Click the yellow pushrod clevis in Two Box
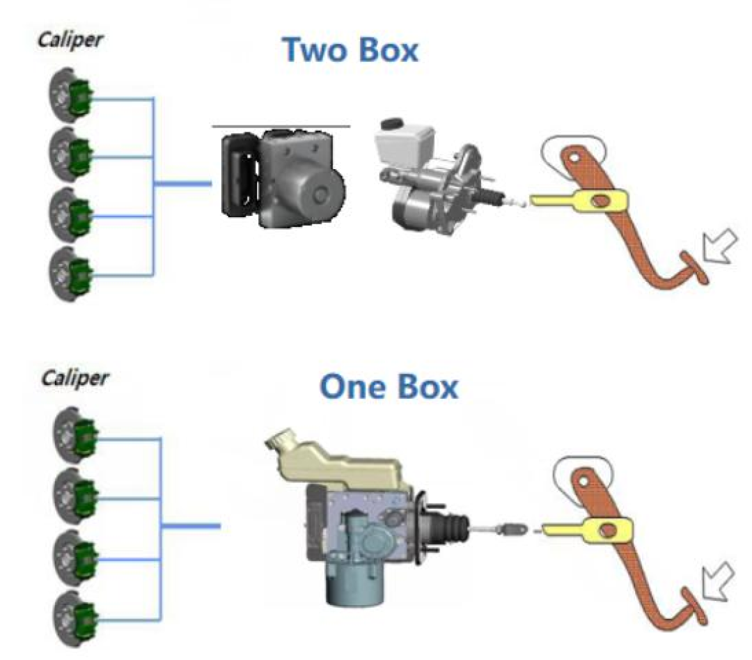[x=578, y=200]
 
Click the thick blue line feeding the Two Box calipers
[x=182, y=184]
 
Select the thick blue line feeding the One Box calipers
[x=191, y=526]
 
